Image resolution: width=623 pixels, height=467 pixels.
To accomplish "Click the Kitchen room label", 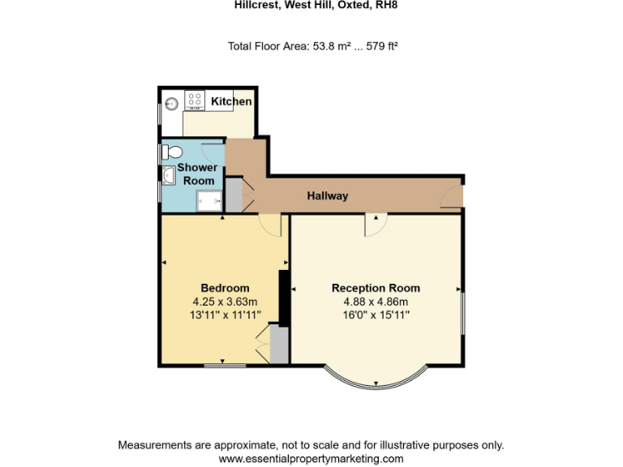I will coord(231,101).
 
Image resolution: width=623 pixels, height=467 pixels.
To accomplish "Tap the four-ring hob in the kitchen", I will coord(195,100).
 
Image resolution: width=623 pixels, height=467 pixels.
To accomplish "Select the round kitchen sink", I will coord(171,104).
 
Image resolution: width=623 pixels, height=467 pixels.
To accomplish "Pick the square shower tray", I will coord(208,200).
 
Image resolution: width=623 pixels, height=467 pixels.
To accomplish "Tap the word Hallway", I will coord(327,195).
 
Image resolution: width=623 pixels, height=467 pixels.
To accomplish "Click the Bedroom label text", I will coord(225,288).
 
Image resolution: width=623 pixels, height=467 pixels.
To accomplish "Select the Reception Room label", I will coord(376,288).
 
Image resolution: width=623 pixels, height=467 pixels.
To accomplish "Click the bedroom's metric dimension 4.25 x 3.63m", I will coord(225,302).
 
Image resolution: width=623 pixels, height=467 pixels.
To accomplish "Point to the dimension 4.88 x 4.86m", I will coord(376,302).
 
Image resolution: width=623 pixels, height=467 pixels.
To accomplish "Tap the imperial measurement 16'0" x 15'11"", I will coord(376,315).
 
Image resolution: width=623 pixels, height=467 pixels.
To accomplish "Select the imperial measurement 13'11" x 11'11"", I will coord(225,315).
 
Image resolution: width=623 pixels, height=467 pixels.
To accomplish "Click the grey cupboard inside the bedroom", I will coord(278,345).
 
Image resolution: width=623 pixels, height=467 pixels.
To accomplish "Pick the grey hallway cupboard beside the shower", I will coord(233,195).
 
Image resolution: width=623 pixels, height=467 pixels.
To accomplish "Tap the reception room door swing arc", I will coord(375,225).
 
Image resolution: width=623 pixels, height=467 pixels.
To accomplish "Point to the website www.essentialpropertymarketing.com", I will coord(311,459).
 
